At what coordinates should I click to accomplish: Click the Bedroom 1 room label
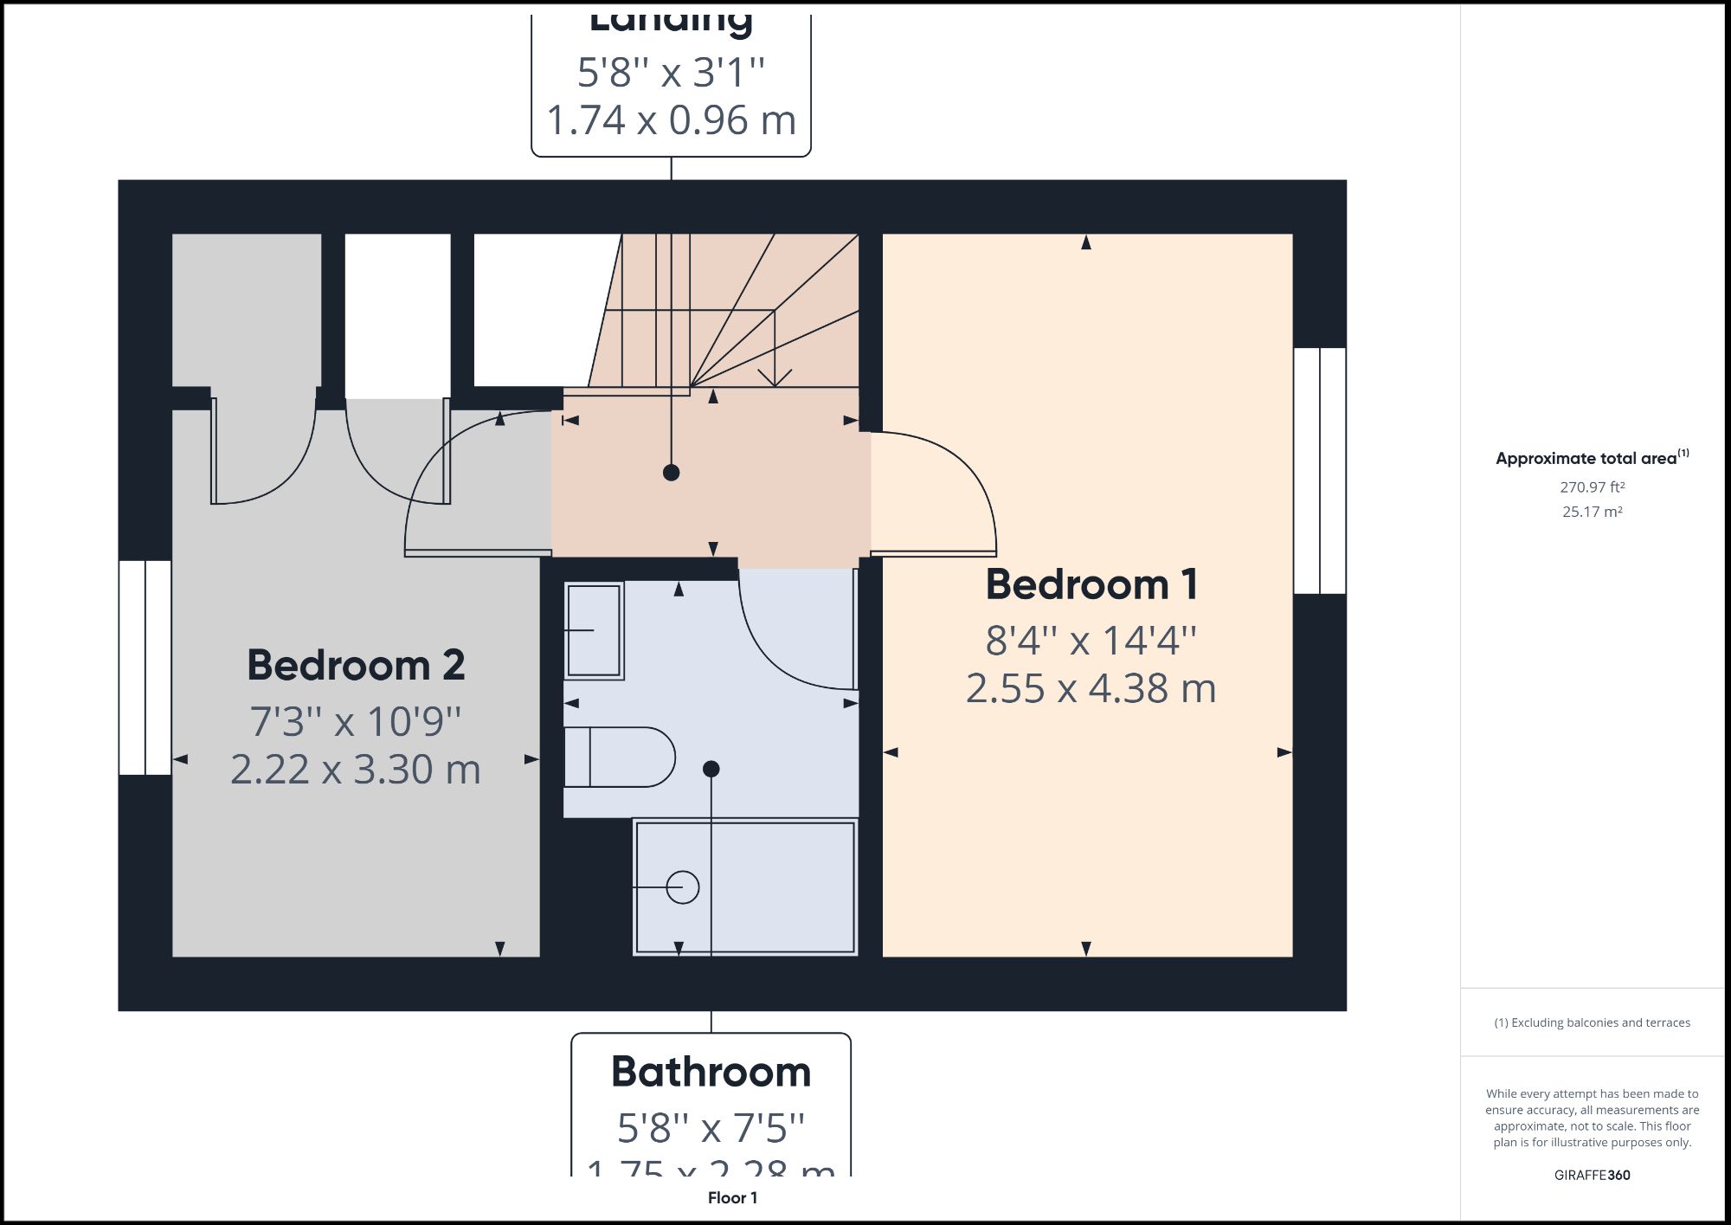(1091, 584)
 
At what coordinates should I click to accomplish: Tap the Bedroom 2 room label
(356, 665)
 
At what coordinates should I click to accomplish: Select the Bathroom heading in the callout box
(711, 1072)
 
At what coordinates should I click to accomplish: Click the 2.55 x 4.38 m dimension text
(1091, 689)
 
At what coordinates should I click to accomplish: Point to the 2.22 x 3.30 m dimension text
(355, 770)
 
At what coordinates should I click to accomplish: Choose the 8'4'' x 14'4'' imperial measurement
(1091, 641)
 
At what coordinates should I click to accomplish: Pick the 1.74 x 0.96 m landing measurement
(671, 120)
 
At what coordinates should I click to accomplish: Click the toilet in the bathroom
(620, 757)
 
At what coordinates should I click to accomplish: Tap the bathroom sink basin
(594, 630)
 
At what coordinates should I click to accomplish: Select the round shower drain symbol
(683, 887)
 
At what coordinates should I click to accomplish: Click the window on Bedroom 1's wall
(1320, 471)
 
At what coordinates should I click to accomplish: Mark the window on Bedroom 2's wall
(145, 667)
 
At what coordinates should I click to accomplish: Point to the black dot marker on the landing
(671, 473)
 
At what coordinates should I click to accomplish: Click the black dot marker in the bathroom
(711, 769)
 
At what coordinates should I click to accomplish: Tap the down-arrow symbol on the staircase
(775, 374)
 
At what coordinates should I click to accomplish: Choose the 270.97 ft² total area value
(1592, 487)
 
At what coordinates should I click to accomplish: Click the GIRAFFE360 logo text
(1592, 1175)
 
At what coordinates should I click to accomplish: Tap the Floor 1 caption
(732, 1198)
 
